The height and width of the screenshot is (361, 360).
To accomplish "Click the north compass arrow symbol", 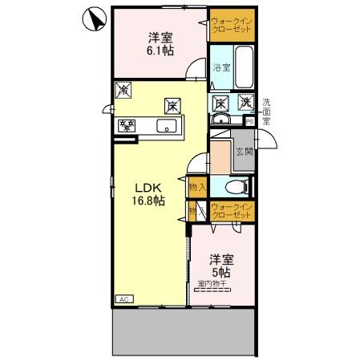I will click(x=94, y=20).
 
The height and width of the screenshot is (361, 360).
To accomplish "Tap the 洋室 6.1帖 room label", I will click(x=159, y=43).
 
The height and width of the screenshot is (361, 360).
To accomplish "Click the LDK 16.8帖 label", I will click(x=149, y=195).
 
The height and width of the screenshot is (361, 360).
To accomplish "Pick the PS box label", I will click(x=249, y=121).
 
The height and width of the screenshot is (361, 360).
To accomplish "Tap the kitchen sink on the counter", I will click(x=168, y=125).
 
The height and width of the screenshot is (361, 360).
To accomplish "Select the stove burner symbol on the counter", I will click(x=127, y=124).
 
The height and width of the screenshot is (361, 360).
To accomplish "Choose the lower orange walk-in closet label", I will click(x=231, y=213).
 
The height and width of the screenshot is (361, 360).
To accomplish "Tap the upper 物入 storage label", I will click(x=197, y=187).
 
